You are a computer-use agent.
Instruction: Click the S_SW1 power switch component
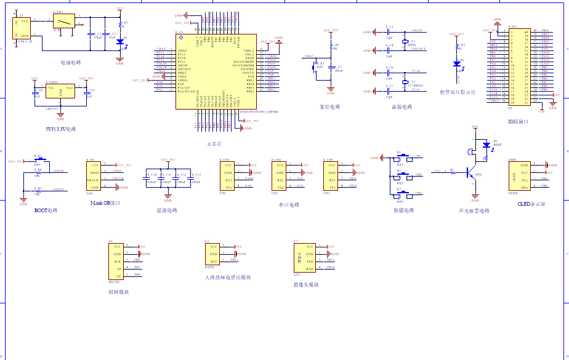[x=63, y=22]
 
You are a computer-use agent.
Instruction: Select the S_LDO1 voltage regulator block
[x=60, y=93]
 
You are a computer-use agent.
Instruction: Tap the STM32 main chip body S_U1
[x=215, y=71]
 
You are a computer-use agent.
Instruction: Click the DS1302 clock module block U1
[x=116, y=262]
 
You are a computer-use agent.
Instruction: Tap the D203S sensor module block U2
[x=212, y=253]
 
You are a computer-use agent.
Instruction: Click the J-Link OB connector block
[x=94, y=176]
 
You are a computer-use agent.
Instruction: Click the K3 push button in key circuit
[x=399, y=195]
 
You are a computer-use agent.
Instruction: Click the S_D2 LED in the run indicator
[x=456, y=63]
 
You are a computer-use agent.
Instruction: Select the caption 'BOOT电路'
[x=46, y=210]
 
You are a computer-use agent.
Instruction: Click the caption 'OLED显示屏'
[x=531, y=204]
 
